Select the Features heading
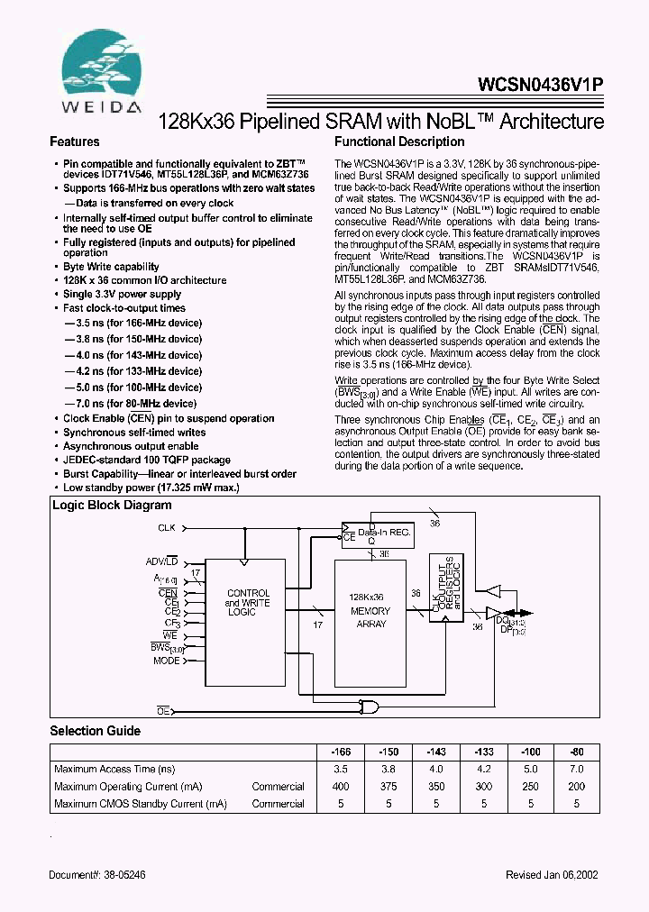coord(75,142)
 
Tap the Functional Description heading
coord(399,142)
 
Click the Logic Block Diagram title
coord(112,505)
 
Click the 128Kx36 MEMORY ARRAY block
coord(370,610)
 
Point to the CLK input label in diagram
coord(167,527)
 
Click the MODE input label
coord(166,661)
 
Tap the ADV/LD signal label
coord(162,561)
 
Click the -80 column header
coord(576,752)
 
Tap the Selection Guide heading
coord(95,731)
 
